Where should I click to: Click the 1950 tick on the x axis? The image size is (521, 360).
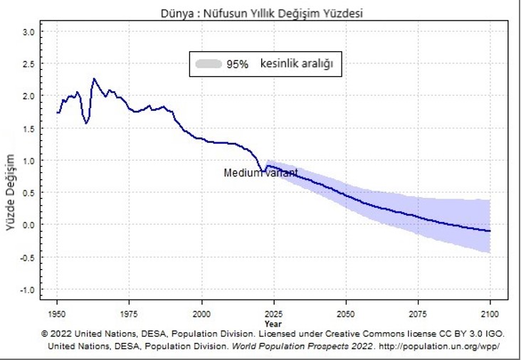tap(58, 312)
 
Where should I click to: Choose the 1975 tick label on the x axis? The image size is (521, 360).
tap(130, 312)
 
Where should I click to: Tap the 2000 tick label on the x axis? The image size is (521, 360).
tap(202, 312)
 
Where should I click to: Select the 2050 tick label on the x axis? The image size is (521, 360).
tap(346, 312)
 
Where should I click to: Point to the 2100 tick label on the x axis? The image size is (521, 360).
tap(490, 312)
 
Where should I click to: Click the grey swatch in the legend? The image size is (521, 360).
tap(207, 64)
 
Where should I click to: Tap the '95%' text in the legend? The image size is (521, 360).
tap(238, 64)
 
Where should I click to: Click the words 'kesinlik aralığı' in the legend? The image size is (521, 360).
tap(297, 64)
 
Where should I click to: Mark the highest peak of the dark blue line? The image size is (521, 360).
tap(93, 78)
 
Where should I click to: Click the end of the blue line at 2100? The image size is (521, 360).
tap(490, 231)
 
